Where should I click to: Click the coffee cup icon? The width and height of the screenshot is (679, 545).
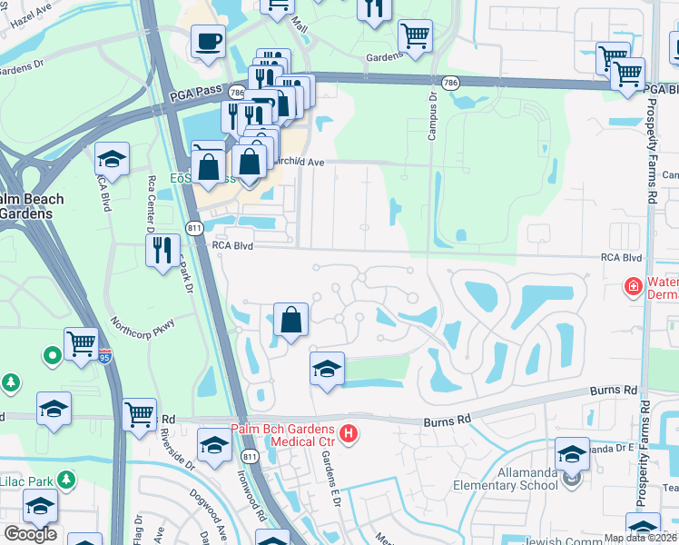209,41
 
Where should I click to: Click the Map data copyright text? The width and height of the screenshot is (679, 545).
640,538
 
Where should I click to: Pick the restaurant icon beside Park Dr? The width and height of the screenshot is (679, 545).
162,249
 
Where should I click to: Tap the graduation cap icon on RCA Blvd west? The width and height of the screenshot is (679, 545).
112,159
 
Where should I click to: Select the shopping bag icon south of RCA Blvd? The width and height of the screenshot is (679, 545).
290,320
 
